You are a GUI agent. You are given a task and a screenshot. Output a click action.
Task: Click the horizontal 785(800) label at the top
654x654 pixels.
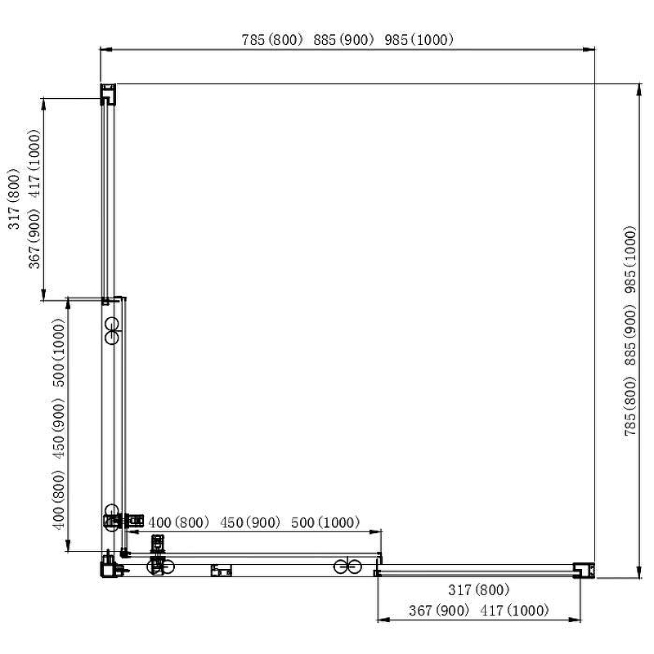pos(272,40)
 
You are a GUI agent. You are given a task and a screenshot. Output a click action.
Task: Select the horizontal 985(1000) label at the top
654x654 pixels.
pos(419,40)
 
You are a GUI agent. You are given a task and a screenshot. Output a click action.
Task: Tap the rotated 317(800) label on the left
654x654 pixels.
pos(14,199)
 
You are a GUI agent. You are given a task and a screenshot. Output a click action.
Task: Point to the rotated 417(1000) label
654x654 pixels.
pos(34,163)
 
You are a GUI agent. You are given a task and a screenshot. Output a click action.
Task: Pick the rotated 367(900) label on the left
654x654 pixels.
pos(34,239)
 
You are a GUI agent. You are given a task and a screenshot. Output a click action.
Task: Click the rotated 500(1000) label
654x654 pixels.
pos(59,353)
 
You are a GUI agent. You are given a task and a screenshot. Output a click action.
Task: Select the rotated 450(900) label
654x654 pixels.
pos(59,428)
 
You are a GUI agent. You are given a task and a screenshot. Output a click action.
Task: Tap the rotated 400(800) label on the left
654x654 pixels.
pos(59,500)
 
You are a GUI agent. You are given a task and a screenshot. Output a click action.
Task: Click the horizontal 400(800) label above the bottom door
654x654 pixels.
pos(178,522)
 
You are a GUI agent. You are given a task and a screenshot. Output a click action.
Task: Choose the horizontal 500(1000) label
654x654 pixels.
pos(325,522)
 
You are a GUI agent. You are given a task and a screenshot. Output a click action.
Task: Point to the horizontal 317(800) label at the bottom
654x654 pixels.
pos(479,589)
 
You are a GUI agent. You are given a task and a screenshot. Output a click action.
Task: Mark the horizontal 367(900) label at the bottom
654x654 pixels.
pos(439,611)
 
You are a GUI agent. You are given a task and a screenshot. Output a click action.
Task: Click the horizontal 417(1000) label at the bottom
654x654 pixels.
pos(514,611)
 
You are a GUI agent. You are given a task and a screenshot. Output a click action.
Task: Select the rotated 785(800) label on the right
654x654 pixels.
pos(630,406)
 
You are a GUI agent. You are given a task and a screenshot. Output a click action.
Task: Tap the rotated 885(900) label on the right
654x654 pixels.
pos(630,335)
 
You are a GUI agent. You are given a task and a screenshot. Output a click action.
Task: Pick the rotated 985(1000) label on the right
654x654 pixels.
pos(630,259)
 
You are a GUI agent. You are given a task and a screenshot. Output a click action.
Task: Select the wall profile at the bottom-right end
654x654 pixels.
pos(584,570)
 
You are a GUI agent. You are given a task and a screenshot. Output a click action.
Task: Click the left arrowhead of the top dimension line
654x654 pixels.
pos(106,50)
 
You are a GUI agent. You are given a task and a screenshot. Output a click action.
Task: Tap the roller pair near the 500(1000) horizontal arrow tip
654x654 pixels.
pos(347,567)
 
